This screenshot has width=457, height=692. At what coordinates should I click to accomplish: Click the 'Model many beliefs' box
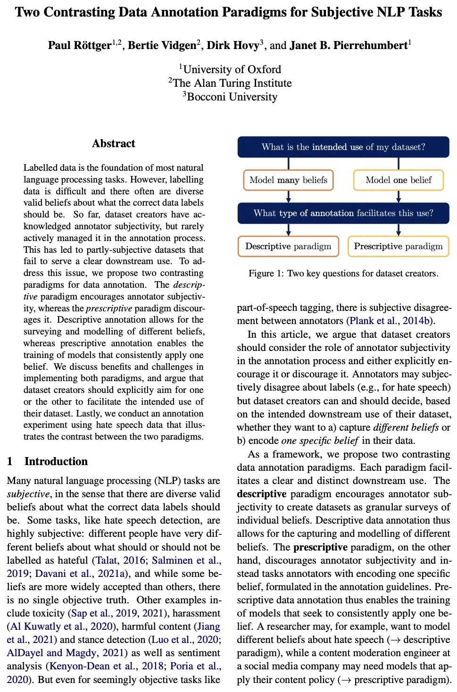coord(288,180)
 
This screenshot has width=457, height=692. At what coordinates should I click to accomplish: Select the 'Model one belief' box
coord(399,180)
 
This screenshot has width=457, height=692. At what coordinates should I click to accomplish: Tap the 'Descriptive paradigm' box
coord(288,247)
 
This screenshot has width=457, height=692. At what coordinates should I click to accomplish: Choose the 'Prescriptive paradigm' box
coord(399,247)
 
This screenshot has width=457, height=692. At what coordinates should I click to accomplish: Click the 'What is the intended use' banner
coord(343,147)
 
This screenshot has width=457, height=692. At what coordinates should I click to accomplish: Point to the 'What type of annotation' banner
coord(343,213)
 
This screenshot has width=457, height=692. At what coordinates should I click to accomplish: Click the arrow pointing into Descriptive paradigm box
coord(289,230)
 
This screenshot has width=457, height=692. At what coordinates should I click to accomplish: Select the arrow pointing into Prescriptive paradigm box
coord(399,230)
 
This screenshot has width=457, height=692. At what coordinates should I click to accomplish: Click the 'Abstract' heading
coord(114,144)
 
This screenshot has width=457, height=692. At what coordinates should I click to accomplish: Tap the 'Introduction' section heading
coord(56,461)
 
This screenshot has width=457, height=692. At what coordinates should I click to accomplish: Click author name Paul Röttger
coord(80,46)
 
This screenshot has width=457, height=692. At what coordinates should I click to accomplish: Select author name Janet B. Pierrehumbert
coord(348,46)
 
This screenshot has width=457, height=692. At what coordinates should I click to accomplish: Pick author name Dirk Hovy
coord(233,46)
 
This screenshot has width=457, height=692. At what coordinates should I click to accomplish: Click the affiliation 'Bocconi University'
coord(232,97)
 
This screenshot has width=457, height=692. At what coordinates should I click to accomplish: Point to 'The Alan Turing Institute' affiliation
coord(232,83)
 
